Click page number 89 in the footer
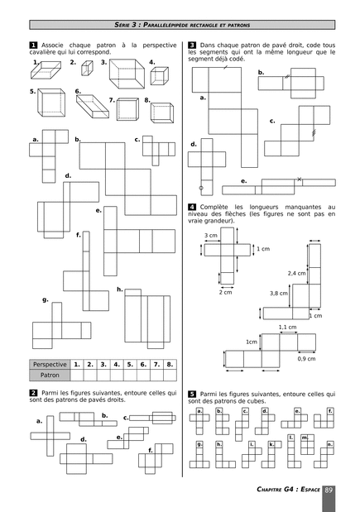click(329, 490)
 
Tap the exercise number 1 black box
click(33, 45)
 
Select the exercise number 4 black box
click(192, 207)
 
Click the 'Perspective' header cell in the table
click(50, 365)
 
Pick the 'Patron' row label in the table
click(50, 376)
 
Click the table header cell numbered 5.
click(130, 365)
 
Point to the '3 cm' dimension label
click(211, 236)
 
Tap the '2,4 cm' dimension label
click(296, 273)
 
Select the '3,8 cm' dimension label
click(279, 294)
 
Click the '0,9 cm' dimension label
click(306, 358)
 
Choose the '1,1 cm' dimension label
click(287, 327)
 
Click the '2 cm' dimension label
click(225, 292)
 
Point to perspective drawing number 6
click(93, 106)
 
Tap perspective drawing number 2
click(87, 69)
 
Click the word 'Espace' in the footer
click(310, 489)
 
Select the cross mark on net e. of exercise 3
click(299, 179)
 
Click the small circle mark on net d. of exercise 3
click(201, 188)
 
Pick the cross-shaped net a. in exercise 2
click(50, 436)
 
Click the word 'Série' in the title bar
click(122, 25)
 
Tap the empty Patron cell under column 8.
click(170, 376)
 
